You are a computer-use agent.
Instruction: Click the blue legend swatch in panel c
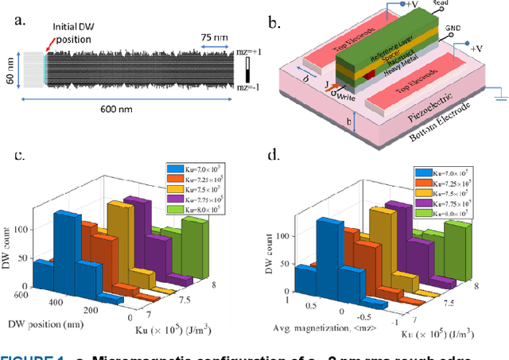click(177, 168)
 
